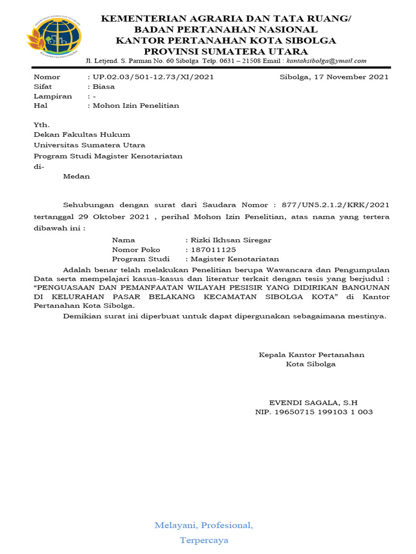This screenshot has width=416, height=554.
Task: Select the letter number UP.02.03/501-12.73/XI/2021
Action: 154,77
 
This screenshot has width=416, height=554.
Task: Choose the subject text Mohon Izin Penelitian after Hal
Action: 136,105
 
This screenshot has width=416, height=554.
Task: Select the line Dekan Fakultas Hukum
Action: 82,135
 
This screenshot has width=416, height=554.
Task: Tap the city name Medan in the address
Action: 76,176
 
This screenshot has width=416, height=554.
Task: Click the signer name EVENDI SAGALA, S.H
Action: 314,403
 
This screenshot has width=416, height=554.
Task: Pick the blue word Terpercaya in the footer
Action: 204,540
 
